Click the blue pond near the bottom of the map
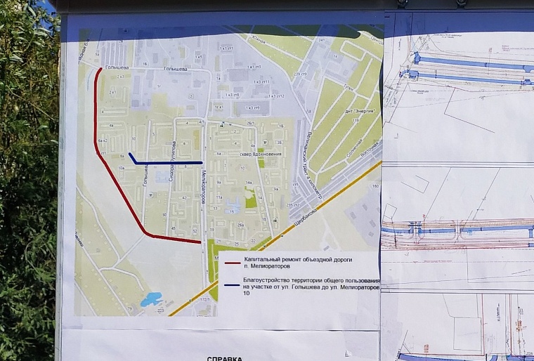(x=150, y=300)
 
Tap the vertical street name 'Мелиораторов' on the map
(x=202, y=184)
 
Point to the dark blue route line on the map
(x=169, y=163)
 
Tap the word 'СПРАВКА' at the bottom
(x=223, y=357)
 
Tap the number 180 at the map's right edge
(x=375, y=186)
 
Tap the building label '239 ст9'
(x=301, y=75)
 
